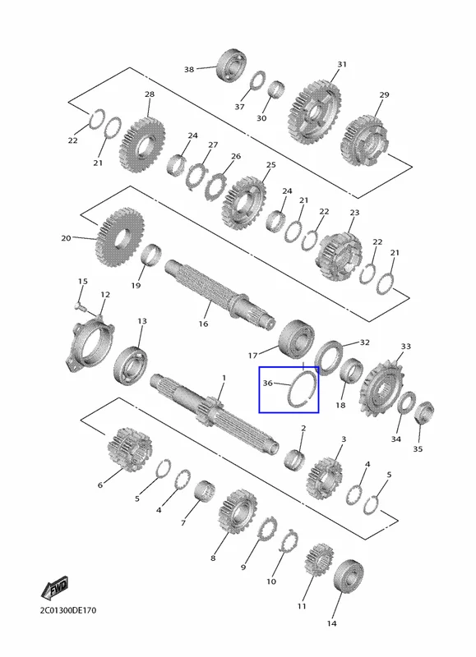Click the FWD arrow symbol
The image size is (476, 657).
(54, 588)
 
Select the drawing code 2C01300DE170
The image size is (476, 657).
(68, 610)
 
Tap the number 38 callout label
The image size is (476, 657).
(189, 69)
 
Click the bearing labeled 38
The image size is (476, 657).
(231, 66)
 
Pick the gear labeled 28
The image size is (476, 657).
(141, 145)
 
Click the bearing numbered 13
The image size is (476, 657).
(130, 364)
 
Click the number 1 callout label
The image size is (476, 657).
(224, 378)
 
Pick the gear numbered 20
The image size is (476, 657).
(120, 237)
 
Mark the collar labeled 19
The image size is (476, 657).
(151, 255)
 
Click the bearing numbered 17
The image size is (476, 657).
(297, 338)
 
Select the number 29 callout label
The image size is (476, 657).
(384, 95)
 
